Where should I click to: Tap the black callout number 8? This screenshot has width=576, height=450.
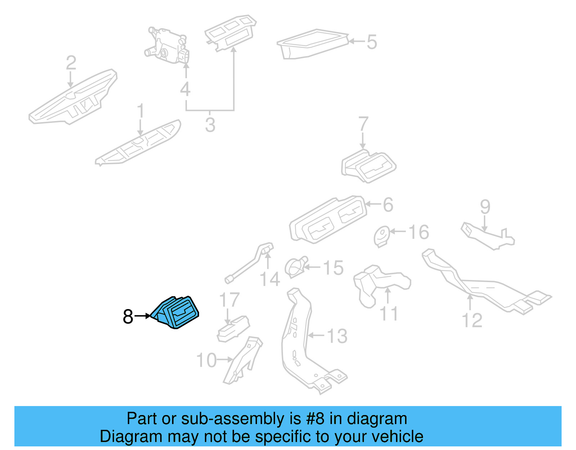(128, 317)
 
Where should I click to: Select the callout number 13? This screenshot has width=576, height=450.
(337, 336)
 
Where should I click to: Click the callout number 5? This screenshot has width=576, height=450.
(372, 42)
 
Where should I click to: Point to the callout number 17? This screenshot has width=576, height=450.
(229, 300)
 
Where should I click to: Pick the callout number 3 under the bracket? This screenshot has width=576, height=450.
(210, 125)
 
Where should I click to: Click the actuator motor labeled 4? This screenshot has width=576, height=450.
(167, 45)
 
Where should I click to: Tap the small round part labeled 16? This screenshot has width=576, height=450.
(382, 236)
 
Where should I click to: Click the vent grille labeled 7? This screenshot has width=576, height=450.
(369, 166)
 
